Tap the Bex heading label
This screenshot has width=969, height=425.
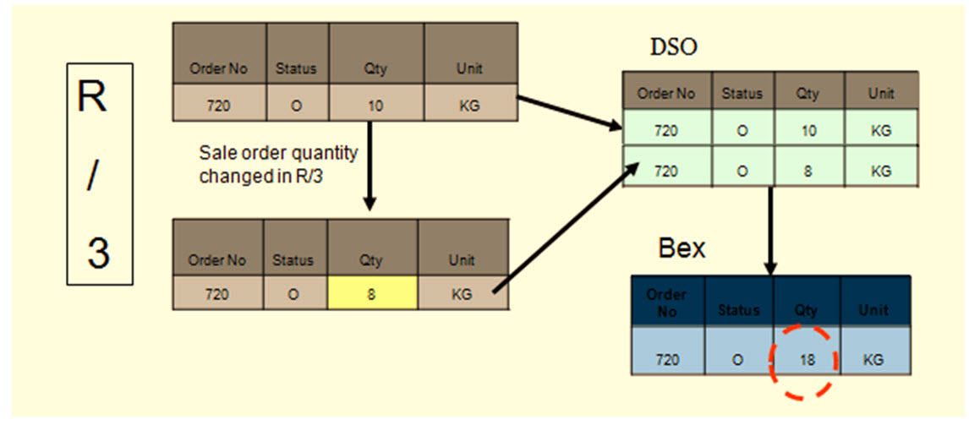[681, 249]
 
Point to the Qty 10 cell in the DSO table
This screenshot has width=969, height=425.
[807, 130]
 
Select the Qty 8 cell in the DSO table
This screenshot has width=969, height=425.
[807, 170]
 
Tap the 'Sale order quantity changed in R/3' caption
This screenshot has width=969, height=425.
[278, 165]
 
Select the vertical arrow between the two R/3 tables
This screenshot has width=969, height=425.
[369, 165]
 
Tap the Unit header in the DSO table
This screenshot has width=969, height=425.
[880, 94]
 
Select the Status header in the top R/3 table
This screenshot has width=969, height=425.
[297, 69]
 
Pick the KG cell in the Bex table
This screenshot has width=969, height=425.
[873, 359]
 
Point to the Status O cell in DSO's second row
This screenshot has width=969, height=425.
[742, 170]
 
